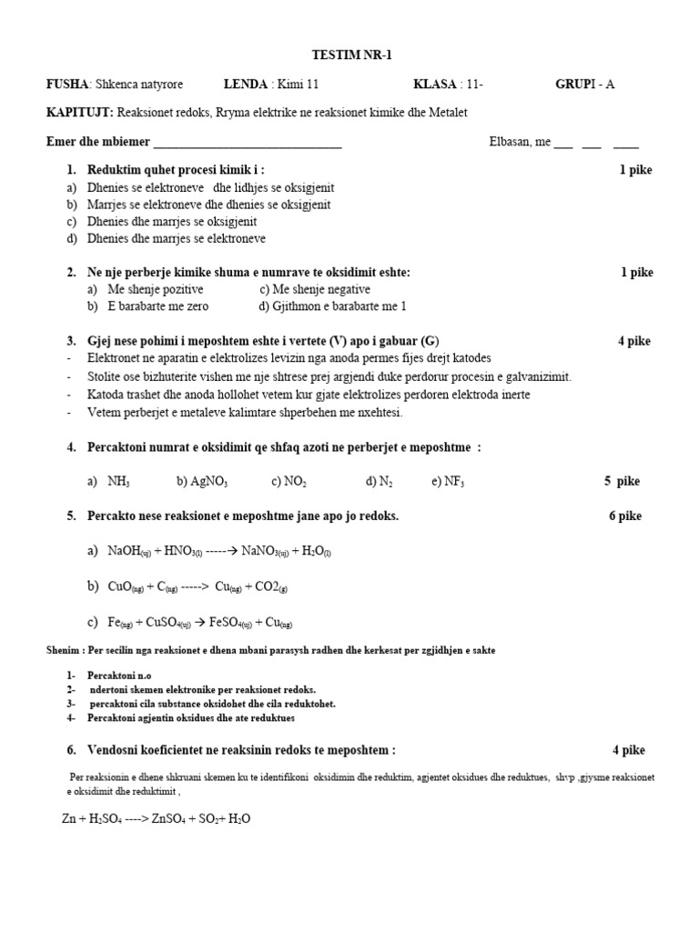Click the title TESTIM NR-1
(349, 55)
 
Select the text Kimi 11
(299, 85)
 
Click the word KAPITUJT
(78, 112)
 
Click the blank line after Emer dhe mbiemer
(248, 143)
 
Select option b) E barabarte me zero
(148, 306)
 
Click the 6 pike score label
(625, 516)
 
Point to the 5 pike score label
(622, 482)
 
